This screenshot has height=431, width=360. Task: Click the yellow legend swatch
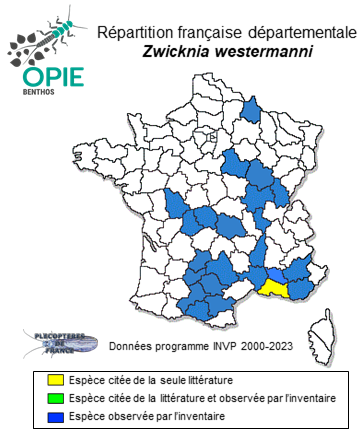point(56,381)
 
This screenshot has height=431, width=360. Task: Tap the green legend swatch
point(56,398)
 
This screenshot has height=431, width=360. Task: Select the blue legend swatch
point(56,415)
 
